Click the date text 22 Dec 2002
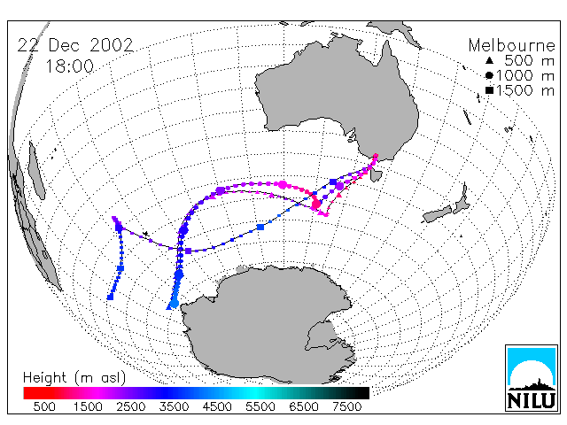[x=75, y=45]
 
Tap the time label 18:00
[x=69, y=66]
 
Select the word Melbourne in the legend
[x=512, y=45]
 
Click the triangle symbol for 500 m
[x=489, y=60]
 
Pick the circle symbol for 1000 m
[x=489, y=75]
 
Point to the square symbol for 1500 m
[x=489, y=90]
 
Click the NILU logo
[x=532, y=378]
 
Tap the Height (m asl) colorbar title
[x=74, y=378]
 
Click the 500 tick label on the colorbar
[x=44, y=407]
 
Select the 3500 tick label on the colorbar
[x=174, y=407]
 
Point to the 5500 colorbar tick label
[x=260, y=407]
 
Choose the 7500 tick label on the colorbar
[x=346, y=407]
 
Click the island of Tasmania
[x=376, y=175]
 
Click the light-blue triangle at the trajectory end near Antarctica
[x=169, y=307]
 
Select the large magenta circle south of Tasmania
[x=316, y=205]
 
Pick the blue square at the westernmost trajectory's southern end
[x=110, y=297]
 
